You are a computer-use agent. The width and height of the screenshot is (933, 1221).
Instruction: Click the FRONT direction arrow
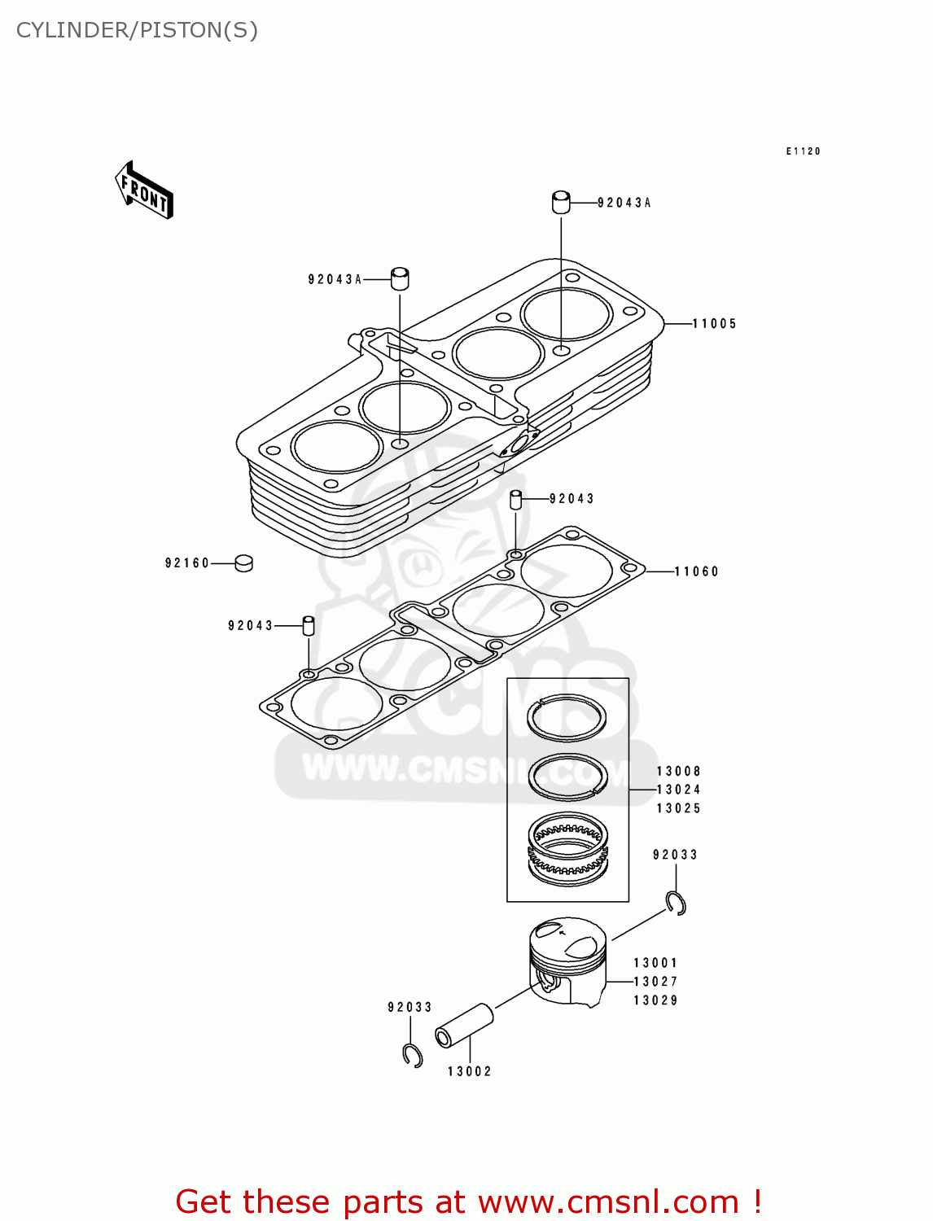144,190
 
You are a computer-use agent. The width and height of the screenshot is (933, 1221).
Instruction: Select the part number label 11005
714,324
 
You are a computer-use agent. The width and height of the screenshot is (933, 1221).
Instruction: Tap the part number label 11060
697,571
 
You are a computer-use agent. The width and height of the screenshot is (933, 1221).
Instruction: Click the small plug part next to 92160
243,562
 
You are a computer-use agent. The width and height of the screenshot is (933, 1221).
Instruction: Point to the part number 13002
470,1071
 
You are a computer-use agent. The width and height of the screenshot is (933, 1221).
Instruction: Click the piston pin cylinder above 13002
465,1025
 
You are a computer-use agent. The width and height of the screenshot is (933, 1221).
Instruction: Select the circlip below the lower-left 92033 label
413,1055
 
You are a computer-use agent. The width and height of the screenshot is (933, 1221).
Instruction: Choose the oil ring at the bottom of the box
567,850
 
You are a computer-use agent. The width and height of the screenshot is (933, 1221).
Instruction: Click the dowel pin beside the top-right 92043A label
561,202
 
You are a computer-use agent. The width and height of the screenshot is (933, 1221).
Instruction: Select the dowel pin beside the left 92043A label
400,278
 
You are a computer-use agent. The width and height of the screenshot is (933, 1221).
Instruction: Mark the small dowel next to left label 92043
309,625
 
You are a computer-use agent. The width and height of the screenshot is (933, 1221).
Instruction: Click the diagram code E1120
803,151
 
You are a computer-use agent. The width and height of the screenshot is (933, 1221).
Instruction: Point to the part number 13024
678,790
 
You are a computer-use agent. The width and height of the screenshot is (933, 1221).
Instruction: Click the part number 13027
655,982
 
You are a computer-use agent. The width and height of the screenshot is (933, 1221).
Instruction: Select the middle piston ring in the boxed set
567,776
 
